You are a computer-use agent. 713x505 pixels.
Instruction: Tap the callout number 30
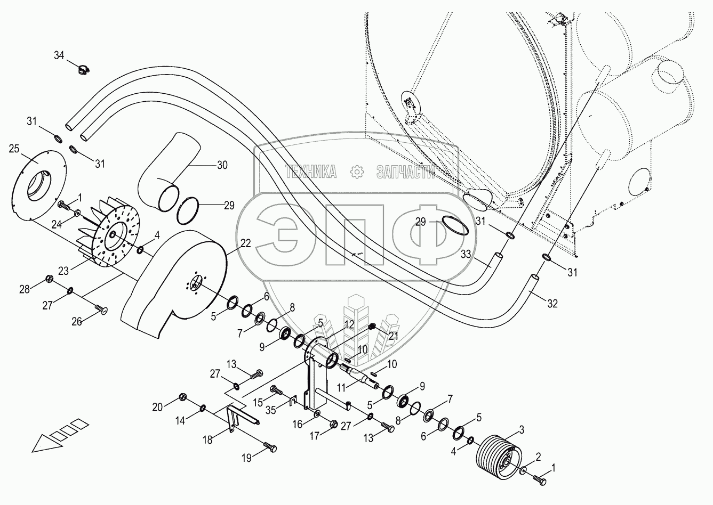tap(221, 165)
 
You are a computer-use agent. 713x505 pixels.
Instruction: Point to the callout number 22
tap(245, 243)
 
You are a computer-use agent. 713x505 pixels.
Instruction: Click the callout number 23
tap(63, 271)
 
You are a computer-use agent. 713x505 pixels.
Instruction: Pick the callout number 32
tap(552, 304)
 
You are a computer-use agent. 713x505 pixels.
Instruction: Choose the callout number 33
tap(467, 255)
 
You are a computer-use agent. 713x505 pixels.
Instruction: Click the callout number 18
tap(207, 439)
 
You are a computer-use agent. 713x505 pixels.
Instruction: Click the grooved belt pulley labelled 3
tap(496, 454)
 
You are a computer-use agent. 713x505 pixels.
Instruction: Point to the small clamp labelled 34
tap(83, 68)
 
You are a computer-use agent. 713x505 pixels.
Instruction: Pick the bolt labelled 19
tap(271, 449)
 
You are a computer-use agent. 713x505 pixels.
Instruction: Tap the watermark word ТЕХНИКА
tap(311, 171)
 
